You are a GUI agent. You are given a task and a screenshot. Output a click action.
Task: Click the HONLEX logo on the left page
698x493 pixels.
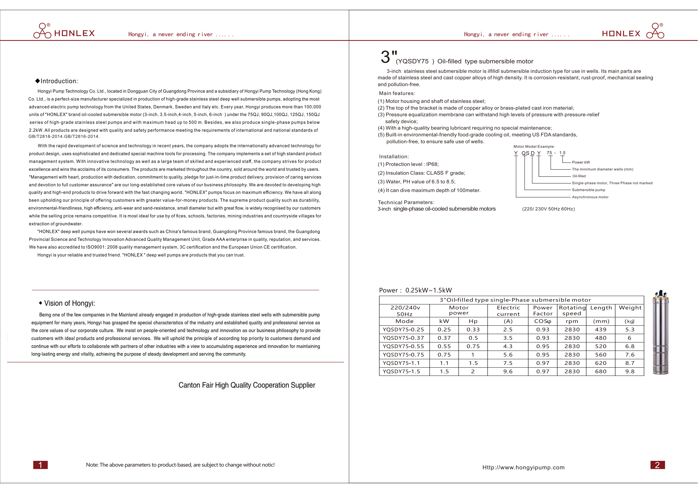[64, 31]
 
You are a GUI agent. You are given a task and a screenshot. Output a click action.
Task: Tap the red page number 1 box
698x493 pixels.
[40, 465]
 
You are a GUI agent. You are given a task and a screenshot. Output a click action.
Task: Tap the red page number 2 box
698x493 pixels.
[657, 465]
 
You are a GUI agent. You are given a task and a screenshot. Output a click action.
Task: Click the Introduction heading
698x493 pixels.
[57, 81]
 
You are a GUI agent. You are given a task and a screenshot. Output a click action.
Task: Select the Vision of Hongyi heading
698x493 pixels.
[67, 303]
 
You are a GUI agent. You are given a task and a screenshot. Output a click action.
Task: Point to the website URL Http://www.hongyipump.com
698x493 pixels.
[523, 467]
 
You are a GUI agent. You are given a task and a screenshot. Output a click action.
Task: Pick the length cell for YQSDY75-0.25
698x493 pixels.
[600, 330]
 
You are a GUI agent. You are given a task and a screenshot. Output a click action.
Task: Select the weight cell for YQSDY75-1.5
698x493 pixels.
[630, 372]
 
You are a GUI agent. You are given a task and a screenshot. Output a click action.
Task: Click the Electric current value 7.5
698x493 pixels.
[508, 363]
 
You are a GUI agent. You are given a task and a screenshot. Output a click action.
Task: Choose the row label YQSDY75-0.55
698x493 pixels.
[403, 346]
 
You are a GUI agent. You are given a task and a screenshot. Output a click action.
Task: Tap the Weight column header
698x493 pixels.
[630, 308]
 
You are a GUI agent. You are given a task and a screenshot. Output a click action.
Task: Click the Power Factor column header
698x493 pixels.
[543, 311]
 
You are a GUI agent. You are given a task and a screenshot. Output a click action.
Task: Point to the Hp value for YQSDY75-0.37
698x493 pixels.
[473, 338]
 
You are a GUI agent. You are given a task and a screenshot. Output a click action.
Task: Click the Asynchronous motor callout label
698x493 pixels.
[590, 197]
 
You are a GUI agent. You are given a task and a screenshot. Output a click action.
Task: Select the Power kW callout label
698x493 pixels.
[581, 162]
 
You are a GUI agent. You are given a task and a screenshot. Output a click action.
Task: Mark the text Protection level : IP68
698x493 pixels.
[408, 164]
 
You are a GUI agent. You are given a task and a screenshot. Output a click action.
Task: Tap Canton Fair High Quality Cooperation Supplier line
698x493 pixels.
[247, 385]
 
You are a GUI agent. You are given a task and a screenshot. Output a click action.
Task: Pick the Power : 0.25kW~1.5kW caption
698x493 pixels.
[415, 290]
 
